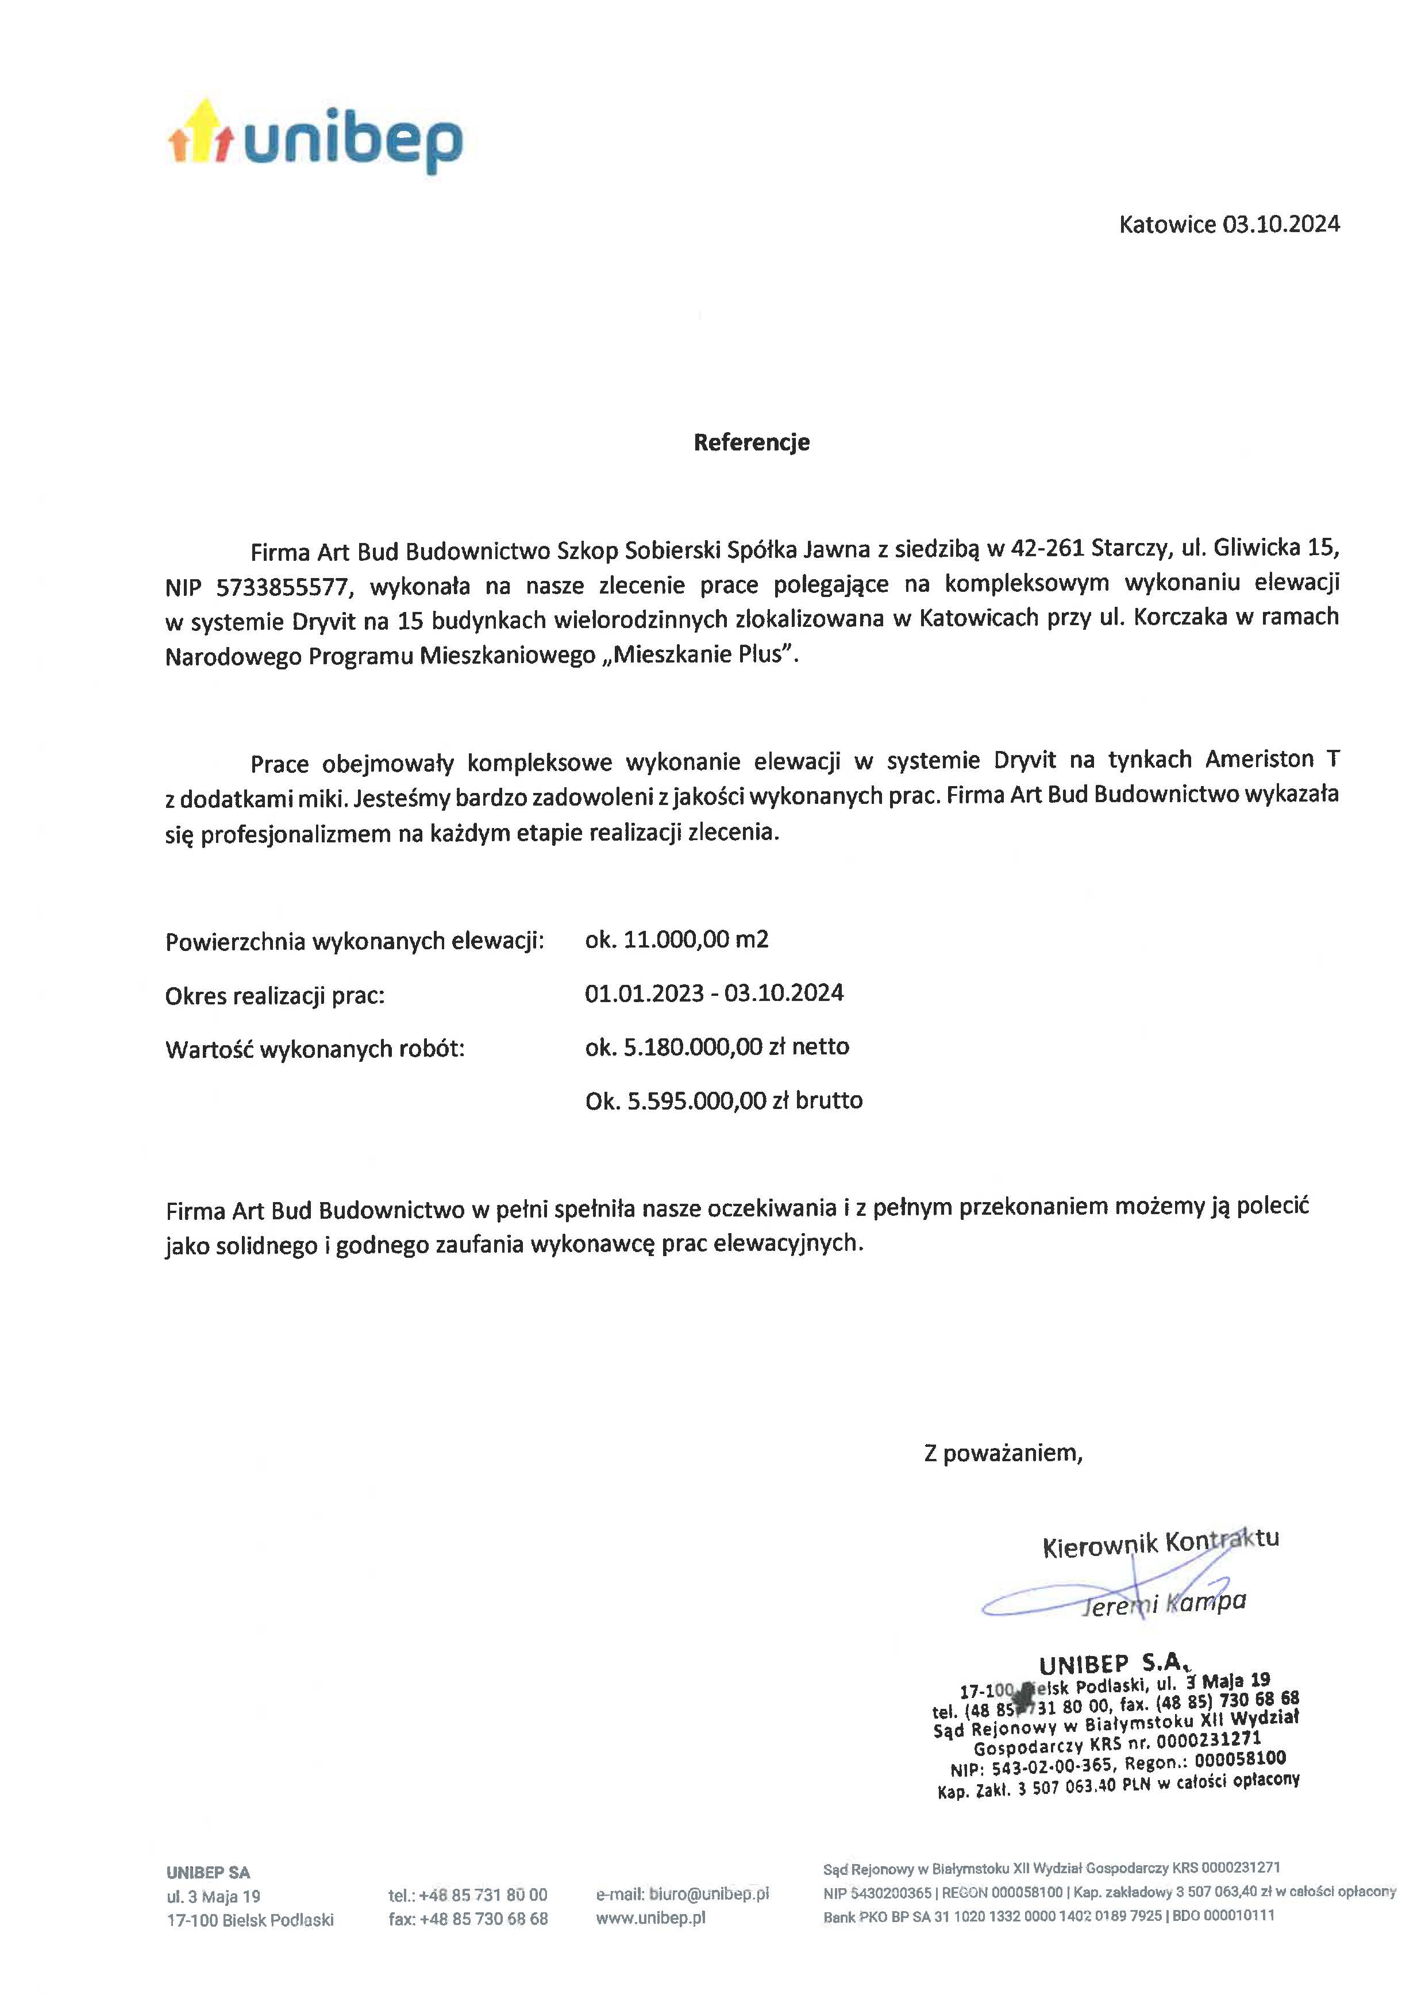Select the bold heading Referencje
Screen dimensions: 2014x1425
[x=751, y=442]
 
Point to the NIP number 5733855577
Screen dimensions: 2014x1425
[x=282, y=586]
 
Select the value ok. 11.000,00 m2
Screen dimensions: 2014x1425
[x=676, y=940]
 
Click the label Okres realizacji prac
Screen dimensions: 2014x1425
[x=275, y=996]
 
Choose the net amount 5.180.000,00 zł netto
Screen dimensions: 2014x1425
[x=717, y=1047]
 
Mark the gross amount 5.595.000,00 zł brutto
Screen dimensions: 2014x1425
[x=724, y=1100]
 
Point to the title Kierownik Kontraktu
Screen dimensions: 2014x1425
[x=1160, y=1543]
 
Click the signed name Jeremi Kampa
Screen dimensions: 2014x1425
[x=1164, y=1603]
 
